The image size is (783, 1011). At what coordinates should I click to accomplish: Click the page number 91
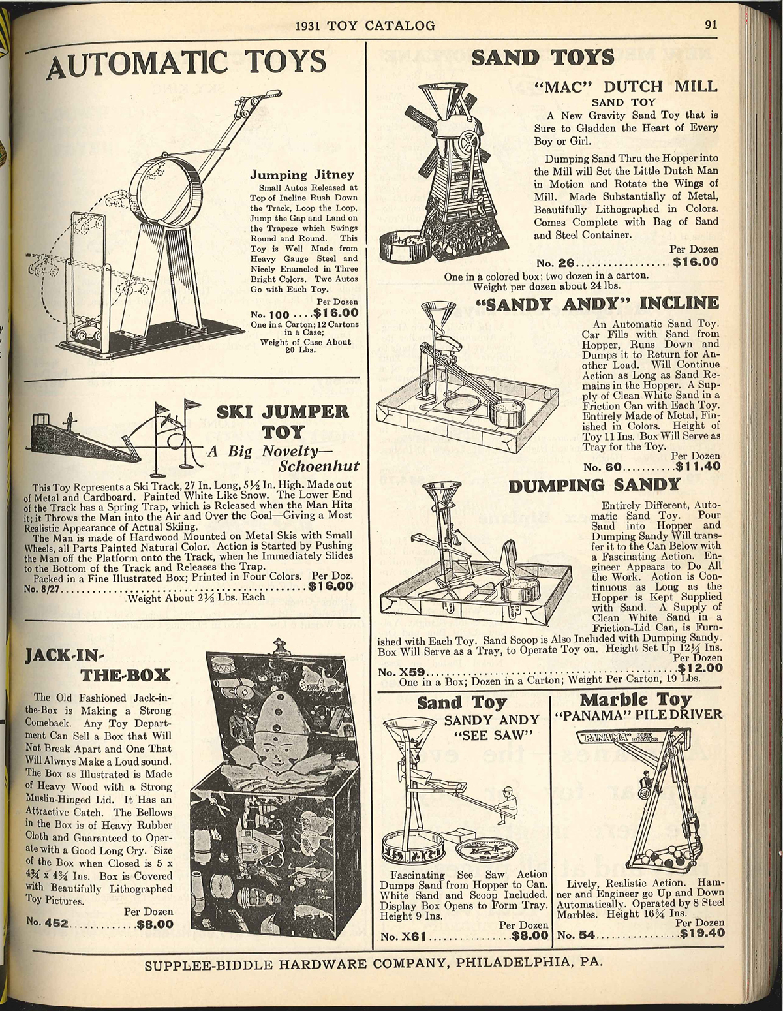click(x=711, y=26)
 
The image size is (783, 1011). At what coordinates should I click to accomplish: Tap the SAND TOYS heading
click(x=542, y=57)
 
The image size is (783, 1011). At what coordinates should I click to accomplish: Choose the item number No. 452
click(x=49, y=924)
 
